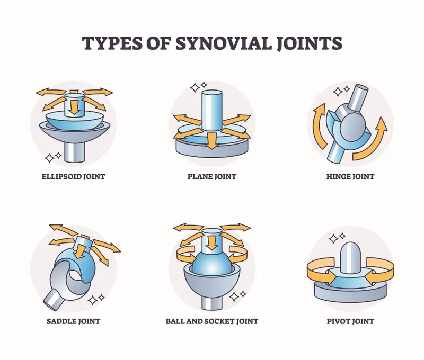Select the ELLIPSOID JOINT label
click(x=74, y=176)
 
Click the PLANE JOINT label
click(x=211, y=176)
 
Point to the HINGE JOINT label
click(x=350, y=176)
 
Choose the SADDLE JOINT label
click(x=74, y=321)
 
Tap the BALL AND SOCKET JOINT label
click(x=211, y=321)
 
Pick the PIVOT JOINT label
click(x=350, y=321)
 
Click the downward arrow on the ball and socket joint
click(x=211, y=242)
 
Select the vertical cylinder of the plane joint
click(x=211, y=109)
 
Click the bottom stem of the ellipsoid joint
click(x=74, y=151)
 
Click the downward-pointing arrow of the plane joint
click(x=212, y=140)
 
